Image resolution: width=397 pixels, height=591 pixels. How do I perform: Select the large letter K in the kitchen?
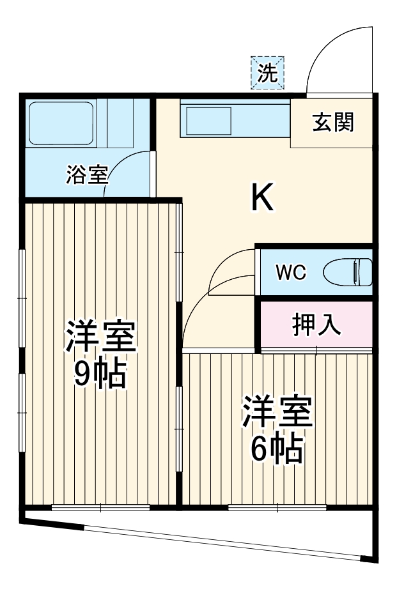click(262, 197)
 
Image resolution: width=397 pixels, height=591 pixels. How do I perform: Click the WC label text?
click(290, 272)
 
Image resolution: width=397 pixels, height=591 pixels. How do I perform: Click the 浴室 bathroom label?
click(87, 175)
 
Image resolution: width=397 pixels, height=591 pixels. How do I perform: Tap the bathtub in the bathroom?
click(63, 123)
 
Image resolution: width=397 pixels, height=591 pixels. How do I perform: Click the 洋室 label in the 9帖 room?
click(100, 336)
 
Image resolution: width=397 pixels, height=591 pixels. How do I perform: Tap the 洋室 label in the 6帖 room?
click(277, 413)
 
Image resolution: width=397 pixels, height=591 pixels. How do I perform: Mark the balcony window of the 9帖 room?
click(100, 508)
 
